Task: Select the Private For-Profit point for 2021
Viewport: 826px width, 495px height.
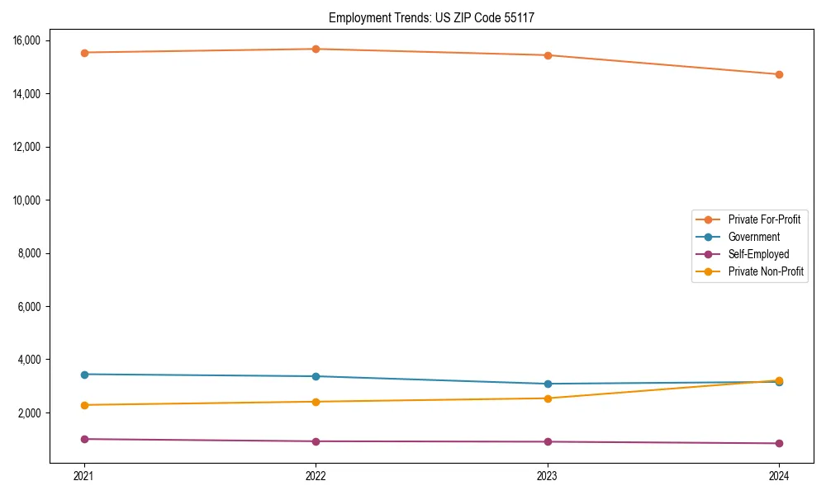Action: pos(84,53)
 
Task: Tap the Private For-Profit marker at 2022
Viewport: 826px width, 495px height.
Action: pos(316,49)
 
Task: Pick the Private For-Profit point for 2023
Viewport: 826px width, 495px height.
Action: pos(548,55)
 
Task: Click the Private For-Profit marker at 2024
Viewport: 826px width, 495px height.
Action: pos(779,74)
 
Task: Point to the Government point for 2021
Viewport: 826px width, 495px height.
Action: pos(84,375)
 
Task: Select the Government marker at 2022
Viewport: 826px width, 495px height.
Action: pos(316,376)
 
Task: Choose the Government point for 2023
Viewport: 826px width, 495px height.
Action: pos(548,384)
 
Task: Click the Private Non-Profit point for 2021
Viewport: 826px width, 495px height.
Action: pos(84,405)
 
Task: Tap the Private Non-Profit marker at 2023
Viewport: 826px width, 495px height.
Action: pos(548,398)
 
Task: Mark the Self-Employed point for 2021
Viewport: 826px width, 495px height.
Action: pos(84,439)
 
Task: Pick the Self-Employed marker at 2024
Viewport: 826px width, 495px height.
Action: pos(779,443)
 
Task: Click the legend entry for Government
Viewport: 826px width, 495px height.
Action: pos(753,237)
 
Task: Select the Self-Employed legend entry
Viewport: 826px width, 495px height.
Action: pos(758,254)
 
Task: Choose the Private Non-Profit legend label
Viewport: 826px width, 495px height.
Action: pos(766,271)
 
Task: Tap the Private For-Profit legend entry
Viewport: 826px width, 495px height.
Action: pos(764,219)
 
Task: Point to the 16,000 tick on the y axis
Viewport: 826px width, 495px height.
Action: pos(32,40)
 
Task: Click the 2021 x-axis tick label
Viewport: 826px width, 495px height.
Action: pos(84,476)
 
